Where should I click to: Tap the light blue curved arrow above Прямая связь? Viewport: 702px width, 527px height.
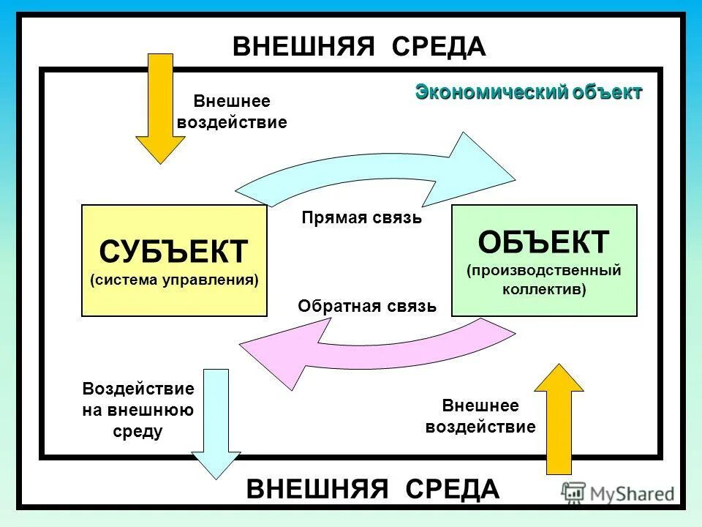380,176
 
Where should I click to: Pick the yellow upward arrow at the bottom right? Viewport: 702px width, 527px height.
560,421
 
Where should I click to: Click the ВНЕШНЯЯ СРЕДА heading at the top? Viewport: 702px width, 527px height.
359,47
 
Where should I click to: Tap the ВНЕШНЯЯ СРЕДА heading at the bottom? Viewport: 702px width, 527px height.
373,488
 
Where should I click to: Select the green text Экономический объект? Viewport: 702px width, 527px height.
529,92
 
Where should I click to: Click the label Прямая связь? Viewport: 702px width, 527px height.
362,217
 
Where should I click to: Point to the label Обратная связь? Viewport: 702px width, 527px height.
367,306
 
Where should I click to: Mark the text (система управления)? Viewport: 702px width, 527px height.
174,280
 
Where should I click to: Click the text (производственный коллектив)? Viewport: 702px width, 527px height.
544,280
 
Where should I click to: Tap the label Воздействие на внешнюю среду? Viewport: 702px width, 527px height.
138,411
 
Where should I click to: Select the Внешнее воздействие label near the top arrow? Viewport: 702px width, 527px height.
232,112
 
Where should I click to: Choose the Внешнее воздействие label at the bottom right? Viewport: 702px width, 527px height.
480,416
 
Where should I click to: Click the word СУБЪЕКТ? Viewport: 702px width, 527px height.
174,252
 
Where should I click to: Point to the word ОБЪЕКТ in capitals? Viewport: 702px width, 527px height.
544,242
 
